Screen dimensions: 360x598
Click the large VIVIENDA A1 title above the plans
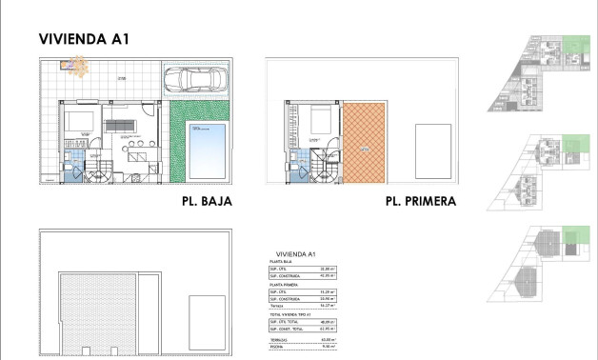pyautogui.click(x=84, y=39)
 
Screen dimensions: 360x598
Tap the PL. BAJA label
pyautogui.click(x=207, y=202)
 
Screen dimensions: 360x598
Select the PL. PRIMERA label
pyautogui.click(x=420, y=202)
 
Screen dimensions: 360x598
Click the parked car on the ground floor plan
pyautogui.click(x=194, y=81)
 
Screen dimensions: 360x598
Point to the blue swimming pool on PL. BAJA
pyautogui.click(x=207, y=150)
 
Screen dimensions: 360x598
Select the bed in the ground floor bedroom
pyautogui.click(x=77, y=121)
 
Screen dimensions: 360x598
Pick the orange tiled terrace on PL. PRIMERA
pyautogui.click(x=365, y=143)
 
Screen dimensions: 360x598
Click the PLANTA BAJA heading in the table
pyautogui.click(x=282, y=261)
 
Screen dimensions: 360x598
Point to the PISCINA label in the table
pyautogui.click(x=277, y=348)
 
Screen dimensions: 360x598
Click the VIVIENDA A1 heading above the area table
pyautogui.click(x=294, y=253)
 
